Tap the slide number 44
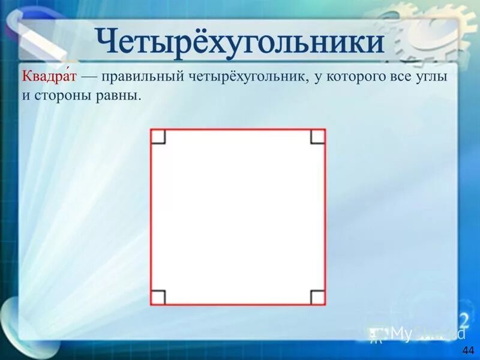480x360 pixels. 468,350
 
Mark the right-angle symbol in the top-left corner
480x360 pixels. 158,137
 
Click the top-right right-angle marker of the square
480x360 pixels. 317,137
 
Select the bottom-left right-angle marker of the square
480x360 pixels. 158,297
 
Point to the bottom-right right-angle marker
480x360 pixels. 317,297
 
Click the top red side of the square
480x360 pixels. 238,130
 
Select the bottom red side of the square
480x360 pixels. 238,305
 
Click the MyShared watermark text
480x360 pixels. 420,334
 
